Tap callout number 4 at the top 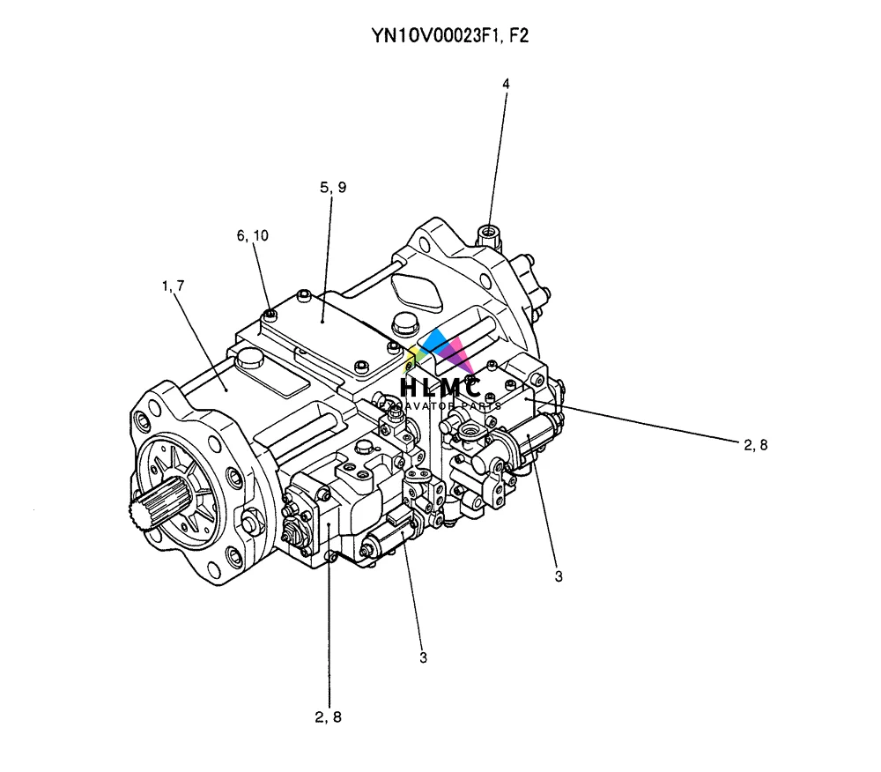pos(506,84)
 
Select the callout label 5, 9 pos(333,187)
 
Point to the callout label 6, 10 pos(252,235)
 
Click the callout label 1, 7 pos(173,286)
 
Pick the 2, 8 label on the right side pos(756,444)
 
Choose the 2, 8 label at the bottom pos(328,716)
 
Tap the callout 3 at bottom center pos(423,657)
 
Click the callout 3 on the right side pos(559,576)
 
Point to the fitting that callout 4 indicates pos(487,234)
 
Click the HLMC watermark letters pos(440,386)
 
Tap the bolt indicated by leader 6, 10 pos(270,315)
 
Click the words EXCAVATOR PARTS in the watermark pos(440,405)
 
